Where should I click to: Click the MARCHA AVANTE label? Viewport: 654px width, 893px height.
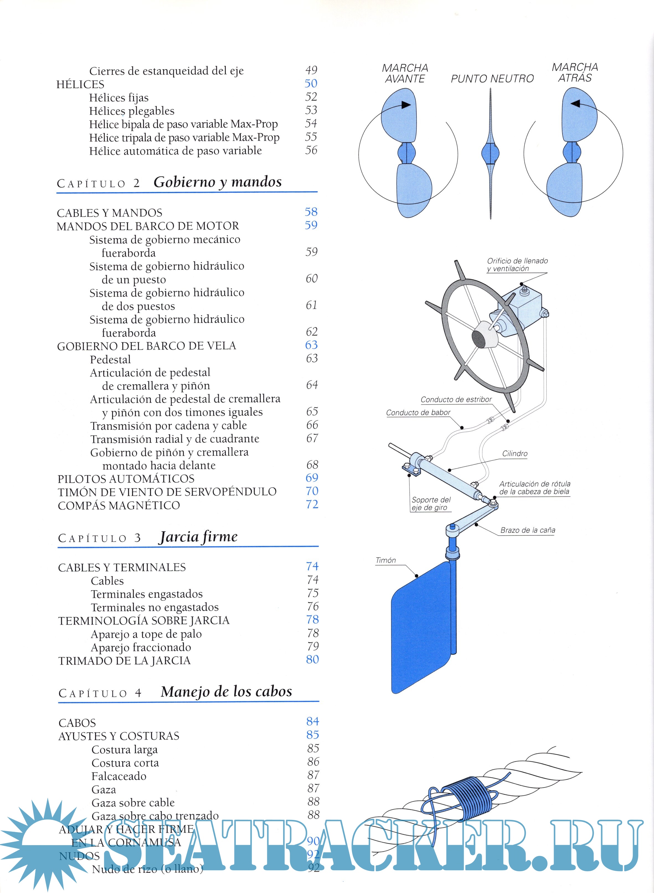405,73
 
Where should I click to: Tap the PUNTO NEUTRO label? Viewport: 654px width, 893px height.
492,79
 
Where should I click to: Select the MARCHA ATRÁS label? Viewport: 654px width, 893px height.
575,73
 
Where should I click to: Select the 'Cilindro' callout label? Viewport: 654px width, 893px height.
515,453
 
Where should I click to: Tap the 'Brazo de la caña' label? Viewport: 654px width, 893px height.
527,530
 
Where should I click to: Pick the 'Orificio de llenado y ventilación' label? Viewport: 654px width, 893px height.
517,265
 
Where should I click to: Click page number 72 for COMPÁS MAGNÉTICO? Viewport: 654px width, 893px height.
312,504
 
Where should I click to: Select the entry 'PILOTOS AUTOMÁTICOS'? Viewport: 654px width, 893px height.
126,479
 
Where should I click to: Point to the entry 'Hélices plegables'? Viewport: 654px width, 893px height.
132,111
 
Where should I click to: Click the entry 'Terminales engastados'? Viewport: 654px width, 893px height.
146,594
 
